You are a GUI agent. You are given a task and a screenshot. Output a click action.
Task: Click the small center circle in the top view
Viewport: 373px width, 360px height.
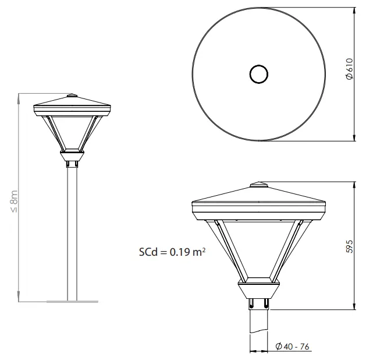pos(258,74)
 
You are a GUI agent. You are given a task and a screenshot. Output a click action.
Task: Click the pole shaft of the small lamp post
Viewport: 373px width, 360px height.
pos(72,233)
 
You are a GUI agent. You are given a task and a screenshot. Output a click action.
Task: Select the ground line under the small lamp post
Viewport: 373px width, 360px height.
pos(72,302)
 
